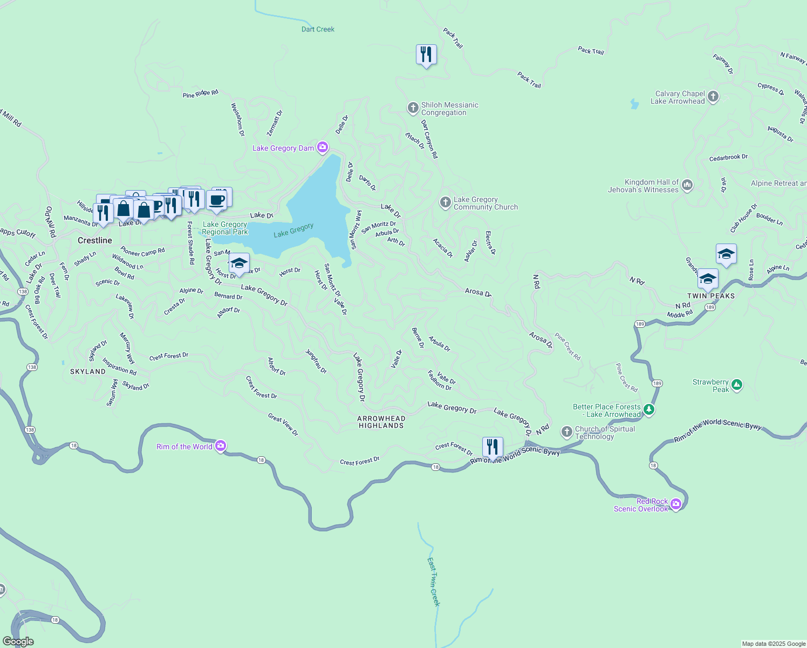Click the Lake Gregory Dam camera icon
pyautogui.click(x=322, y=147)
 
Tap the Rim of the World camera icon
pyautogui.click(x=220, y=446)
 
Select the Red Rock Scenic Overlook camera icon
pyautogui.click(x=675, y=504)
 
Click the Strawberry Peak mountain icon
pyautogui.click(x=737, y=385)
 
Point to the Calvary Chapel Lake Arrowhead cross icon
pyautogui.click(x=713, y=97)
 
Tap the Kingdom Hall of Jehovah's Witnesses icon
pyautogui.click(x=687, y=185)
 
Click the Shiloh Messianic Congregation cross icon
pyautogui.click(x=413, y=108)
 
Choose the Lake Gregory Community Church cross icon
pyautogui.click(x=445, y=202)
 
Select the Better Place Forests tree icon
pyautogui.click(x=649, y=410)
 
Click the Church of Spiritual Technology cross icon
pyautogui.click(x=566, y=431)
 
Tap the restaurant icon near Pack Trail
pyautogui.click(x=426, y=55)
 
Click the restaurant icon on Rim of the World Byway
pyautogui.click(x=492, y=447)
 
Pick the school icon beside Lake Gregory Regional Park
pyautogui.click(x=238, y=264)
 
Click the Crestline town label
pyautogui.click(x=95, y=240)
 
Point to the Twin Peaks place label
pyautogui.click(x=710, y=296)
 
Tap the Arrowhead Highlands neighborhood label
pyautogui.click(x=381, y=422)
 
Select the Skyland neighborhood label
pyautogui.click(x=88, y=372)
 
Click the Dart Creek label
pyautogui.click(x=318, y=29)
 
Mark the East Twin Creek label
pyautogui.click(x=434, y=582)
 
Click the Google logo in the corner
pyautogui.click(x=18, y=641)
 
